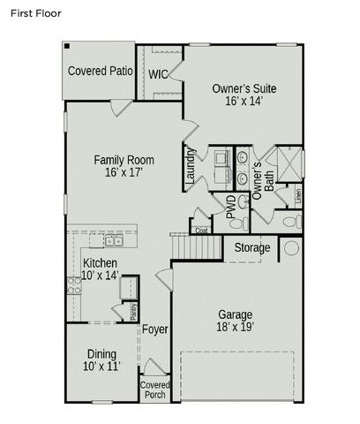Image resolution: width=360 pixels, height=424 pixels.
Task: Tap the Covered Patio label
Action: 102,71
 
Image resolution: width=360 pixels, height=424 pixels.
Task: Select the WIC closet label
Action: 158,74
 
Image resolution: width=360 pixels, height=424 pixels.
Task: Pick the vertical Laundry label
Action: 191,167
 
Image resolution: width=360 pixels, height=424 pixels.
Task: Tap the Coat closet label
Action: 201,230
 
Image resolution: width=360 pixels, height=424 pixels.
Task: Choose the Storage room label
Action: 252,248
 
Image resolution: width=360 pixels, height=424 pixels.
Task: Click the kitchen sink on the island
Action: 114,240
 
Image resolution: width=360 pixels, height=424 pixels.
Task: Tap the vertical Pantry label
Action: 132,312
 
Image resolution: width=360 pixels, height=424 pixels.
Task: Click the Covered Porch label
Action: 154,390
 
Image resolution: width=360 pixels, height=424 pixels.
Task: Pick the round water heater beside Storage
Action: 290,248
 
